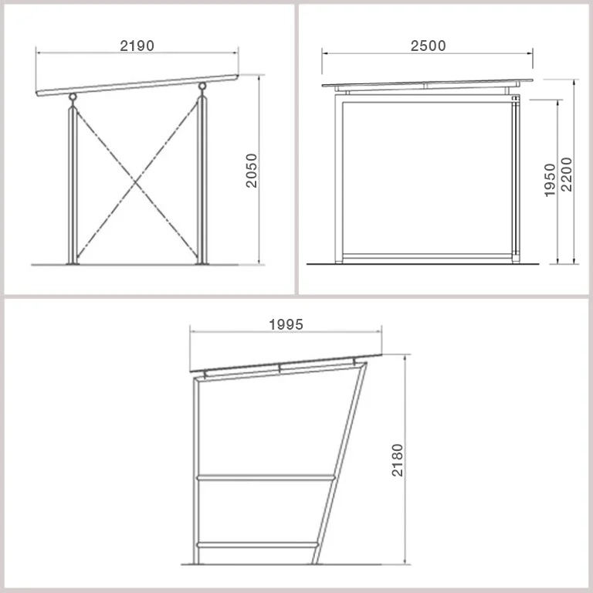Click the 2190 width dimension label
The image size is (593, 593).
pos(137,46)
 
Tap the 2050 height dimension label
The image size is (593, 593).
pos(252,171)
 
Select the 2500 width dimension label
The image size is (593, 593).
pos(428,46)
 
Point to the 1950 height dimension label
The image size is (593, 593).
pos(550,180)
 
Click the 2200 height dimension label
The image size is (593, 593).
pos(567,175)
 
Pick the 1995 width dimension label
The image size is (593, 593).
pos(286,324)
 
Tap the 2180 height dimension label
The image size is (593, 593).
pos(398,460)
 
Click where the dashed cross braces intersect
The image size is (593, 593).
pos(137,184)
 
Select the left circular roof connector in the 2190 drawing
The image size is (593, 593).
pos(73,97)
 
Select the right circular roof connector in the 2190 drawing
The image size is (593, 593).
pos(202,86)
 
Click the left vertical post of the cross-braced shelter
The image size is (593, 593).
pos(73,185)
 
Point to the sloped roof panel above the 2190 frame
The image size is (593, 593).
pos(137,85)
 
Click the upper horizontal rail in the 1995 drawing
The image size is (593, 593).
pos(266,478)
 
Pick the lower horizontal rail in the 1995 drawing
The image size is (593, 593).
pos(257,545)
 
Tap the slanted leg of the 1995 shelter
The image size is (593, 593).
pos(340,463)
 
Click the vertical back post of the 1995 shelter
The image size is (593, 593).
pos(196,471)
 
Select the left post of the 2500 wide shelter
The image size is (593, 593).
pos(339,178)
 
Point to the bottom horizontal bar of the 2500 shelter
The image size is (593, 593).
pos(427,256)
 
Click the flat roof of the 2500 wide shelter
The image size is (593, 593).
pos(427,83)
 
